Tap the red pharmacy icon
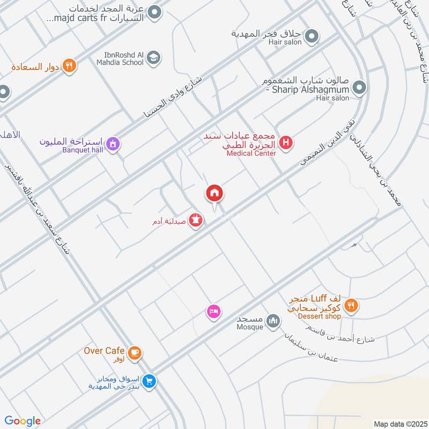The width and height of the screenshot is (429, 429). [x=196, y=220]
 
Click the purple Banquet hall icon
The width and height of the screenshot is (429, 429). [x=112, y=144]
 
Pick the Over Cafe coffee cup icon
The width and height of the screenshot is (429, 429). [x=135, y=352]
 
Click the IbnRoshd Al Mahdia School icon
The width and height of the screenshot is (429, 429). [x=153, y=57]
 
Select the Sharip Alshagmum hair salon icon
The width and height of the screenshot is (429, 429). [x=360, y=86]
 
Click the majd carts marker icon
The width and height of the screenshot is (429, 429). [x=154, y=12]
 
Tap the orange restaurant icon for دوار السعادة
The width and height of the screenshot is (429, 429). [x=69, y=66]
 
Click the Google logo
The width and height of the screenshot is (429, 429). [x=23, y=421]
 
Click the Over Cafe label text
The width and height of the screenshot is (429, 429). [x=104, y=351]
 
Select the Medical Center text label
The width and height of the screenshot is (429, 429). [x=251, y=153]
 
